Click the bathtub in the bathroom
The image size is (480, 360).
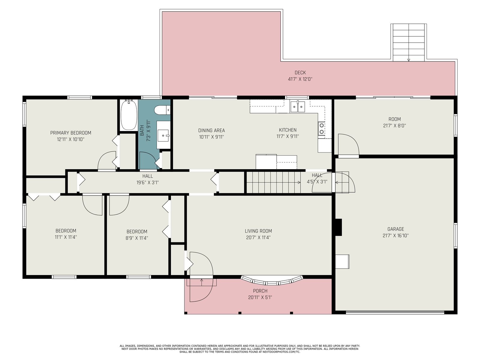click(x=129, y=115)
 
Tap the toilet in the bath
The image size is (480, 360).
click(x=162, y=110)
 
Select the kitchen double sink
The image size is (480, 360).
click(x=297, y=107)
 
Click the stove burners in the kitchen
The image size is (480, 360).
click(x=322, y=129)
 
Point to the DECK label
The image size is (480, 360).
click(x=300, y=73)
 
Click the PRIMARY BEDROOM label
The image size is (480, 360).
click(x=70, y=133)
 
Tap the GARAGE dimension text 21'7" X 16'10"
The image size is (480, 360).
click(x=396, y=235)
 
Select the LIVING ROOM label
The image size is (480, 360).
click(x=258, y=231)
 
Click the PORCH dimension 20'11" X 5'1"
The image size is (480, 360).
click(x=260, y=297)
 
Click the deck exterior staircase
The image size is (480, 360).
click(x=409, y=43)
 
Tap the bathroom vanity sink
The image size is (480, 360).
click(x=163, y=136)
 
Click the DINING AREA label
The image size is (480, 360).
click(x=211, y=130)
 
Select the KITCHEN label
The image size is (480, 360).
click(x=288, y=130)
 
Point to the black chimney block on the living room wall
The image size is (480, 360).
click(x=338, y=227)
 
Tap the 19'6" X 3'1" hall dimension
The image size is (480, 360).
click(x=148, y=182)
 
